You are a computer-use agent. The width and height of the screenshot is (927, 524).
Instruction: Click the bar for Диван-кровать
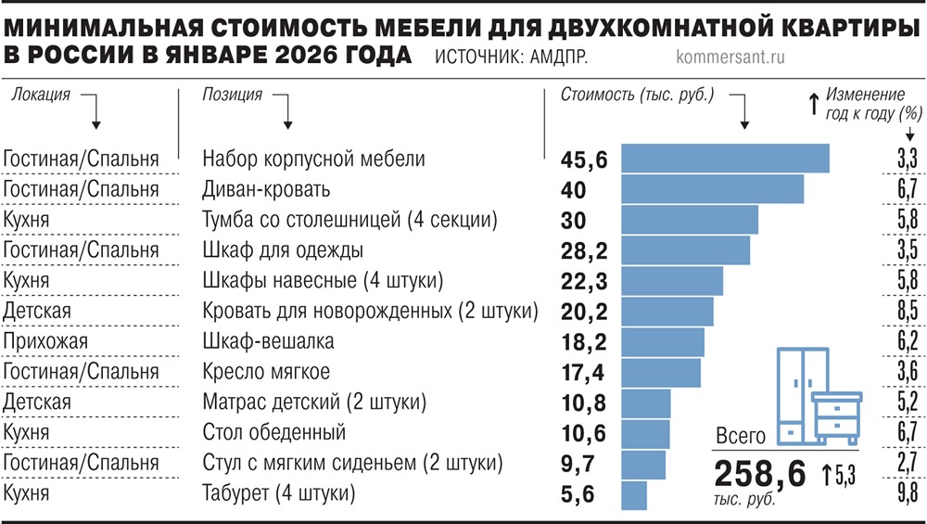(x=711, y=189)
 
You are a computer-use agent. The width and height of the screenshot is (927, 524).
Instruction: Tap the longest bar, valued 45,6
(x=724, y=159)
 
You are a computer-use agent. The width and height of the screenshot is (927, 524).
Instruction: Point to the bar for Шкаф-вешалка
(x=662, y=341)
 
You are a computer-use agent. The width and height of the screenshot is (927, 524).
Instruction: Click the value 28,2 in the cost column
(x=584, y=250)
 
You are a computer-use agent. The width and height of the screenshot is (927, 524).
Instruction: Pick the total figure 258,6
(x=760, y=474)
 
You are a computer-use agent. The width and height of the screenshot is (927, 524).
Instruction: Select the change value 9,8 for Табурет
(x=907, y=492)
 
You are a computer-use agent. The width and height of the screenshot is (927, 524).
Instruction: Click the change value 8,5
(x=907, y=311)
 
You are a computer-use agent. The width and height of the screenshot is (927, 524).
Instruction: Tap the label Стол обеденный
(x=273, y=432)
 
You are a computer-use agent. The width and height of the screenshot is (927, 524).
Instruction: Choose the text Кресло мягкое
(x=266, y=372)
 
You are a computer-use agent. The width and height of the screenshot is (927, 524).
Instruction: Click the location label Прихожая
(x=45, y=341)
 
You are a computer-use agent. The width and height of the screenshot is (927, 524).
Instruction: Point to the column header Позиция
(x=232, y=95)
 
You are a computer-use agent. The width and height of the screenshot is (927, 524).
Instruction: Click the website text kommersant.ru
(x=726, y=56)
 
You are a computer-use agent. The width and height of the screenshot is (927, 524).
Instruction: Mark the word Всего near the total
(x=741, y=437)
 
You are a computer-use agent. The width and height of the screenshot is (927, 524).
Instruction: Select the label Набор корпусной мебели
(x=313, y=159)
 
